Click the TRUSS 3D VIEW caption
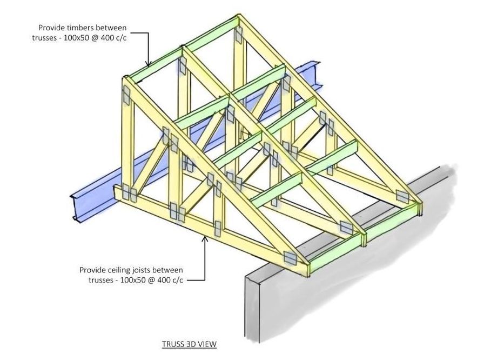tap(189, 344)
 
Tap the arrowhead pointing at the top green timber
tap(148, 64)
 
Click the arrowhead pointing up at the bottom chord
tap(205, 238)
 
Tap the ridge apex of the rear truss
tap(239, 16)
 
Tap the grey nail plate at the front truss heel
tap(291, 257)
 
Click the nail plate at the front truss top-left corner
tap(127, 95)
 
